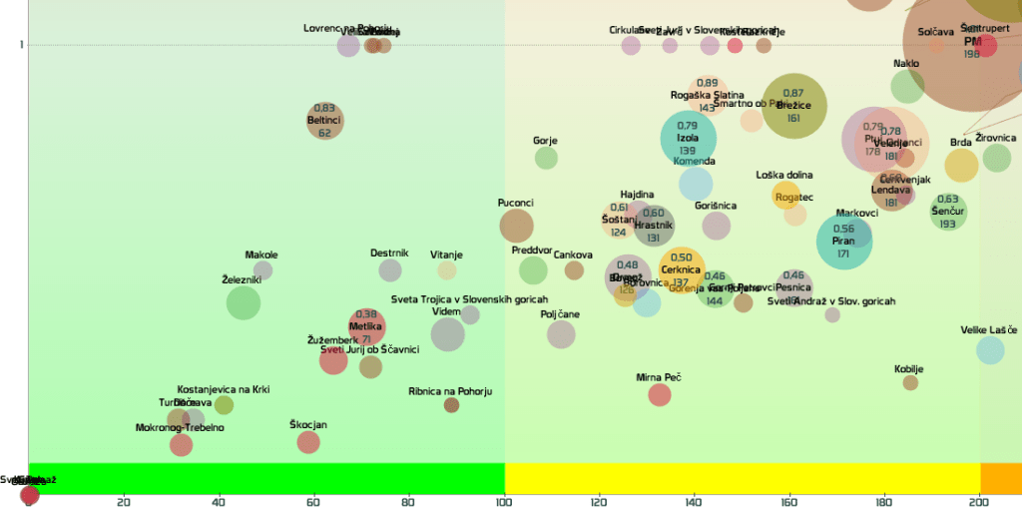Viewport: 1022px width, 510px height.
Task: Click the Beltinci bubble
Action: pyautogui.click(x=325, y=121)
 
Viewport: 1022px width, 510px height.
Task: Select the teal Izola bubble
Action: pyautogui.click(x=689, y=139)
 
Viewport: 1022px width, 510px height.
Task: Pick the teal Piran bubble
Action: pyautogui.click(x=843, y=241)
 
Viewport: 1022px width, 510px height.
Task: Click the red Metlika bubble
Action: pyautogui.click(x=366, y=326)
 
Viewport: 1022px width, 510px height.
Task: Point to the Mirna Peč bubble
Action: pyautogui.click(x=659, y=394)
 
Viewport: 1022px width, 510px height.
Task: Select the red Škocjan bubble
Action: pyautogui.click(x=308, y=442)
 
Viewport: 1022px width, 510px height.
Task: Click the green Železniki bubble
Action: pyautogui.click(x=244, y=302)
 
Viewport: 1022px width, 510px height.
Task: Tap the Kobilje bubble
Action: pyautogui.click(x=910, y=382)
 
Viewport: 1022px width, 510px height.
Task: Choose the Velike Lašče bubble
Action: pyautogui.click(x=990, y=349)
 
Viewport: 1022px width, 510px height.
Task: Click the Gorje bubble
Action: pyautogui.click(x=546, y=158)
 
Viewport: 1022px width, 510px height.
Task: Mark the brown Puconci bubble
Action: pyautogui.click(x=516, y=226)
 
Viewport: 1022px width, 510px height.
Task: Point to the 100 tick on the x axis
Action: pyautogui.click(x=505, y=501)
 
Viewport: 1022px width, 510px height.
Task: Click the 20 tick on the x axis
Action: pyautogui.click(x=124, y=501)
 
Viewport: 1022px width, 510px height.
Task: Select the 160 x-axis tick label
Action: pyautogui.click(x=789, y=501)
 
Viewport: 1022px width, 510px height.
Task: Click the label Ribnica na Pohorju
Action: pyautogui.click(x=450, y=391)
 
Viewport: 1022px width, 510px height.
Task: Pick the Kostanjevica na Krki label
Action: pyautogui.click(x=224, y=389)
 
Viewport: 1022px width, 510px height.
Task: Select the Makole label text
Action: pyautogui.click(x=261, y=255)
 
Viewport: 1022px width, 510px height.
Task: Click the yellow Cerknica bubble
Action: pyautogui.click(x=682, y=267)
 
